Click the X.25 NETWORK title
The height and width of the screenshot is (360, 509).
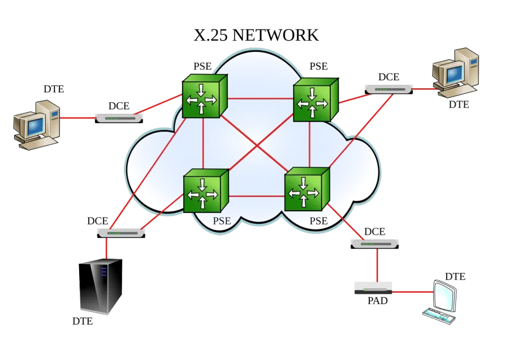point(256,35)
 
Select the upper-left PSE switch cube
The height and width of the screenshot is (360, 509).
point(205,96)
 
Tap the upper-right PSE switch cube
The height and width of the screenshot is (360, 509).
point(316,99)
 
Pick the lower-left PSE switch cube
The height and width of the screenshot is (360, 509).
point(206,190)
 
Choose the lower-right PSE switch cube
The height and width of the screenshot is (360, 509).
point(307,189)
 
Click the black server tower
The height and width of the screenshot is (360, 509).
point(101,286)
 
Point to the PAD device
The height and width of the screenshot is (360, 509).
point(373,288)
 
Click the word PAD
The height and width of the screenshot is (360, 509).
point(378,301)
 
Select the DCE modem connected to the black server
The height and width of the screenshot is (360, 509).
point(121,233)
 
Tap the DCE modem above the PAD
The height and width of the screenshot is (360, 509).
point(374,244)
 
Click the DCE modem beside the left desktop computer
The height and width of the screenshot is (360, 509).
point(119,118)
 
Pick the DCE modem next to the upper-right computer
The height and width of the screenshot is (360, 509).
point(389,89)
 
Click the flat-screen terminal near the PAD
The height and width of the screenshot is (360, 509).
point(440,302)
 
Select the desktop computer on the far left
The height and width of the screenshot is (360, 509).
point(37,125)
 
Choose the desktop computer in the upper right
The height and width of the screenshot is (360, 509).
point(455,73)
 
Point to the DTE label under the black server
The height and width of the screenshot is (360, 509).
point(83,321)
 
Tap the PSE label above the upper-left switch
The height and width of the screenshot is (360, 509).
point(202,66)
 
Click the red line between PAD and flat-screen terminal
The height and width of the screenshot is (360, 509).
point(413,292)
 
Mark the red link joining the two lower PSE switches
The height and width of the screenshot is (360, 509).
point(256,196)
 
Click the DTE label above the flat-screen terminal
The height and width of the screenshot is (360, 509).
point(455,276)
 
